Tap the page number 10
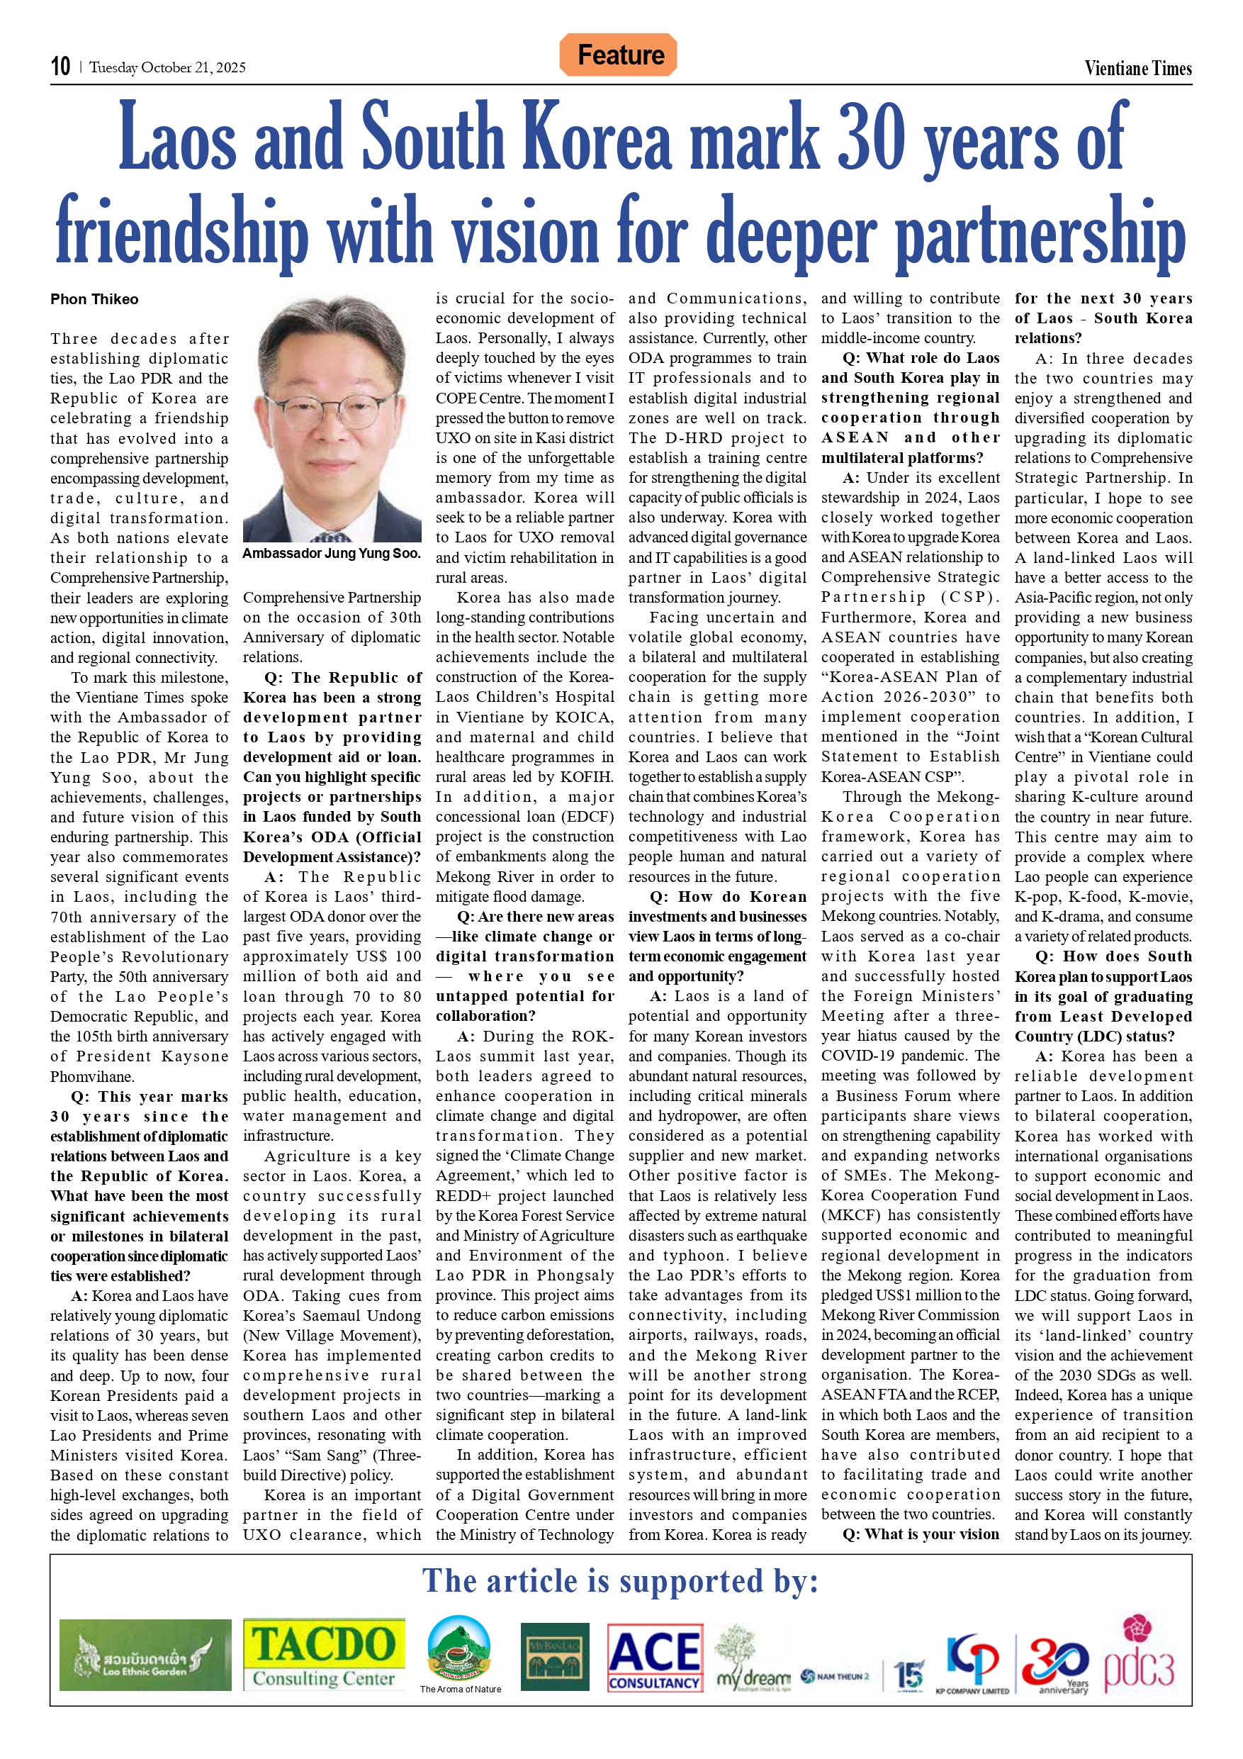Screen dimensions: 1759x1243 pyautogui.click(x=60, y=67)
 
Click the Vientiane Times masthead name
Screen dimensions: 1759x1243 pyautogui.click(x=1137, y=68)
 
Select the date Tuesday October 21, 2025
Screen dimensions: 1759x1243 pyautogui.click(x=168, y=67)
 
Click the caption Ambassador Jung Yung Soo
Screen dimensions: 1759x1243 pyautogui.click(x=332, y=553)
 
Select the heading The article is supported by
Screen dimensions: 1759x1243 pyautogui.click(x=620, y=1580)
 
